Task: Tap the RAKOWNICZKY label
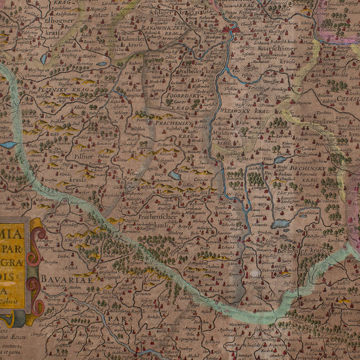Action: pyautogui.click(x=171, y=28)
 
